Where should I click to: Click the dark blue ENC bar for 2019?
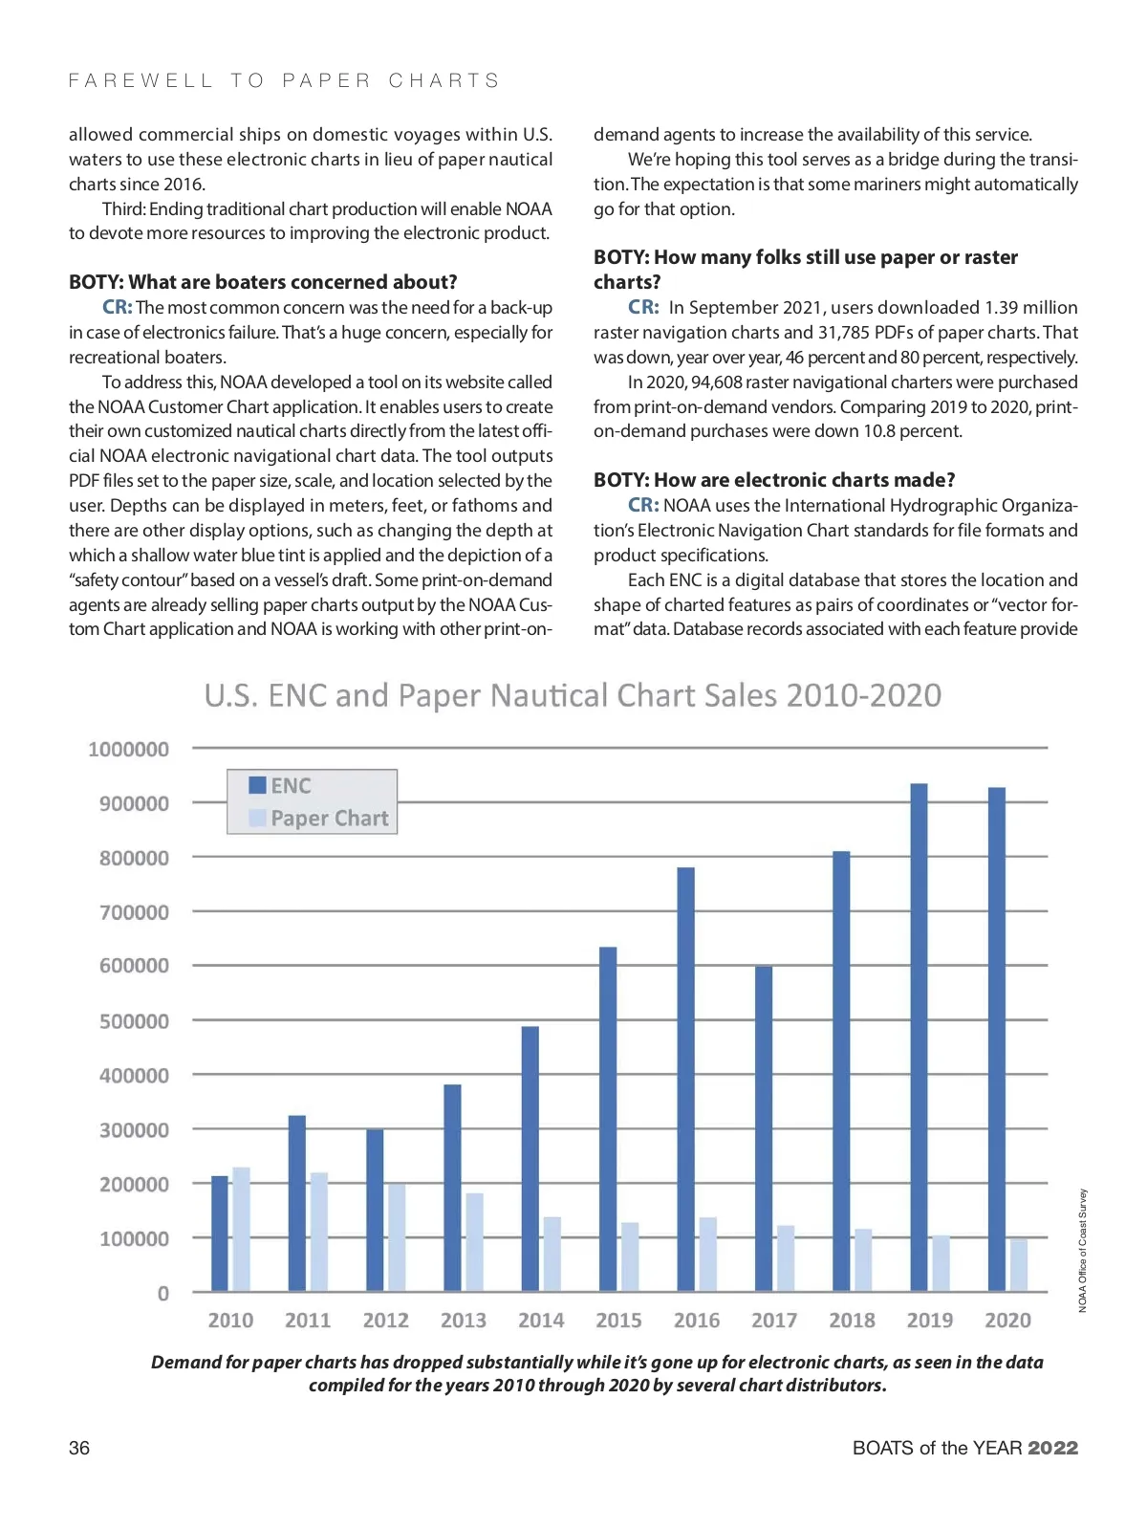[919, 1038]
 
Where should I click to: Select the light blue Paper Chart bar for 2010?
[241, 1229]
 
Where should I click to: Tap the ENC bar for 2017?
[764, 1128]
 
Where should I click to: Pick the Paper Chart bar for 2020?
[1019, 1264]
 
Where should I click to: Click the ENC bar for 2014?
[530, 1159]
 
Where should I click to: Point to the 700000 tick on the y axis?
[134, 912]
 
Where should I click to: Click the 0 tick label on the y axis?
[162, 1293]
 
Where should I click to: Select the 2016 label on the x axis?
[697, 1321]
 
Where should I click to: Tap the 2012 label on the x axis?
[386, 1321]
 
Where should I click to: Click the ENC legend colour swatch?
[257, 785]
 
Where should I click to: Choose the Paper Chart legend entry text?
[330, 819]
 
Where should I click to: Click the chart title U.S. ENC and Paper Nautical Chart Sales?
[573, 695]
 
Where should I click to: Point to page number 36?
[79, 1448]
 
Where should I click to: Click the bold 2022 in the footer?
[1053, 1448]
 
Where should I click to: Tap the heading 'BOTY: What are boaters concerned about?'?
[263, 282]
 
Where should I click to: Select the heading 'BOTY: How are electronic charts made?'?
[774, 480]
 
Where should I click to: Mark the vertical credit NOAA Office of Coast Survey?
[1083, 1250]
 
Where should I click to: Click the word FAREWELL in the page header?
[141, 80]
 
